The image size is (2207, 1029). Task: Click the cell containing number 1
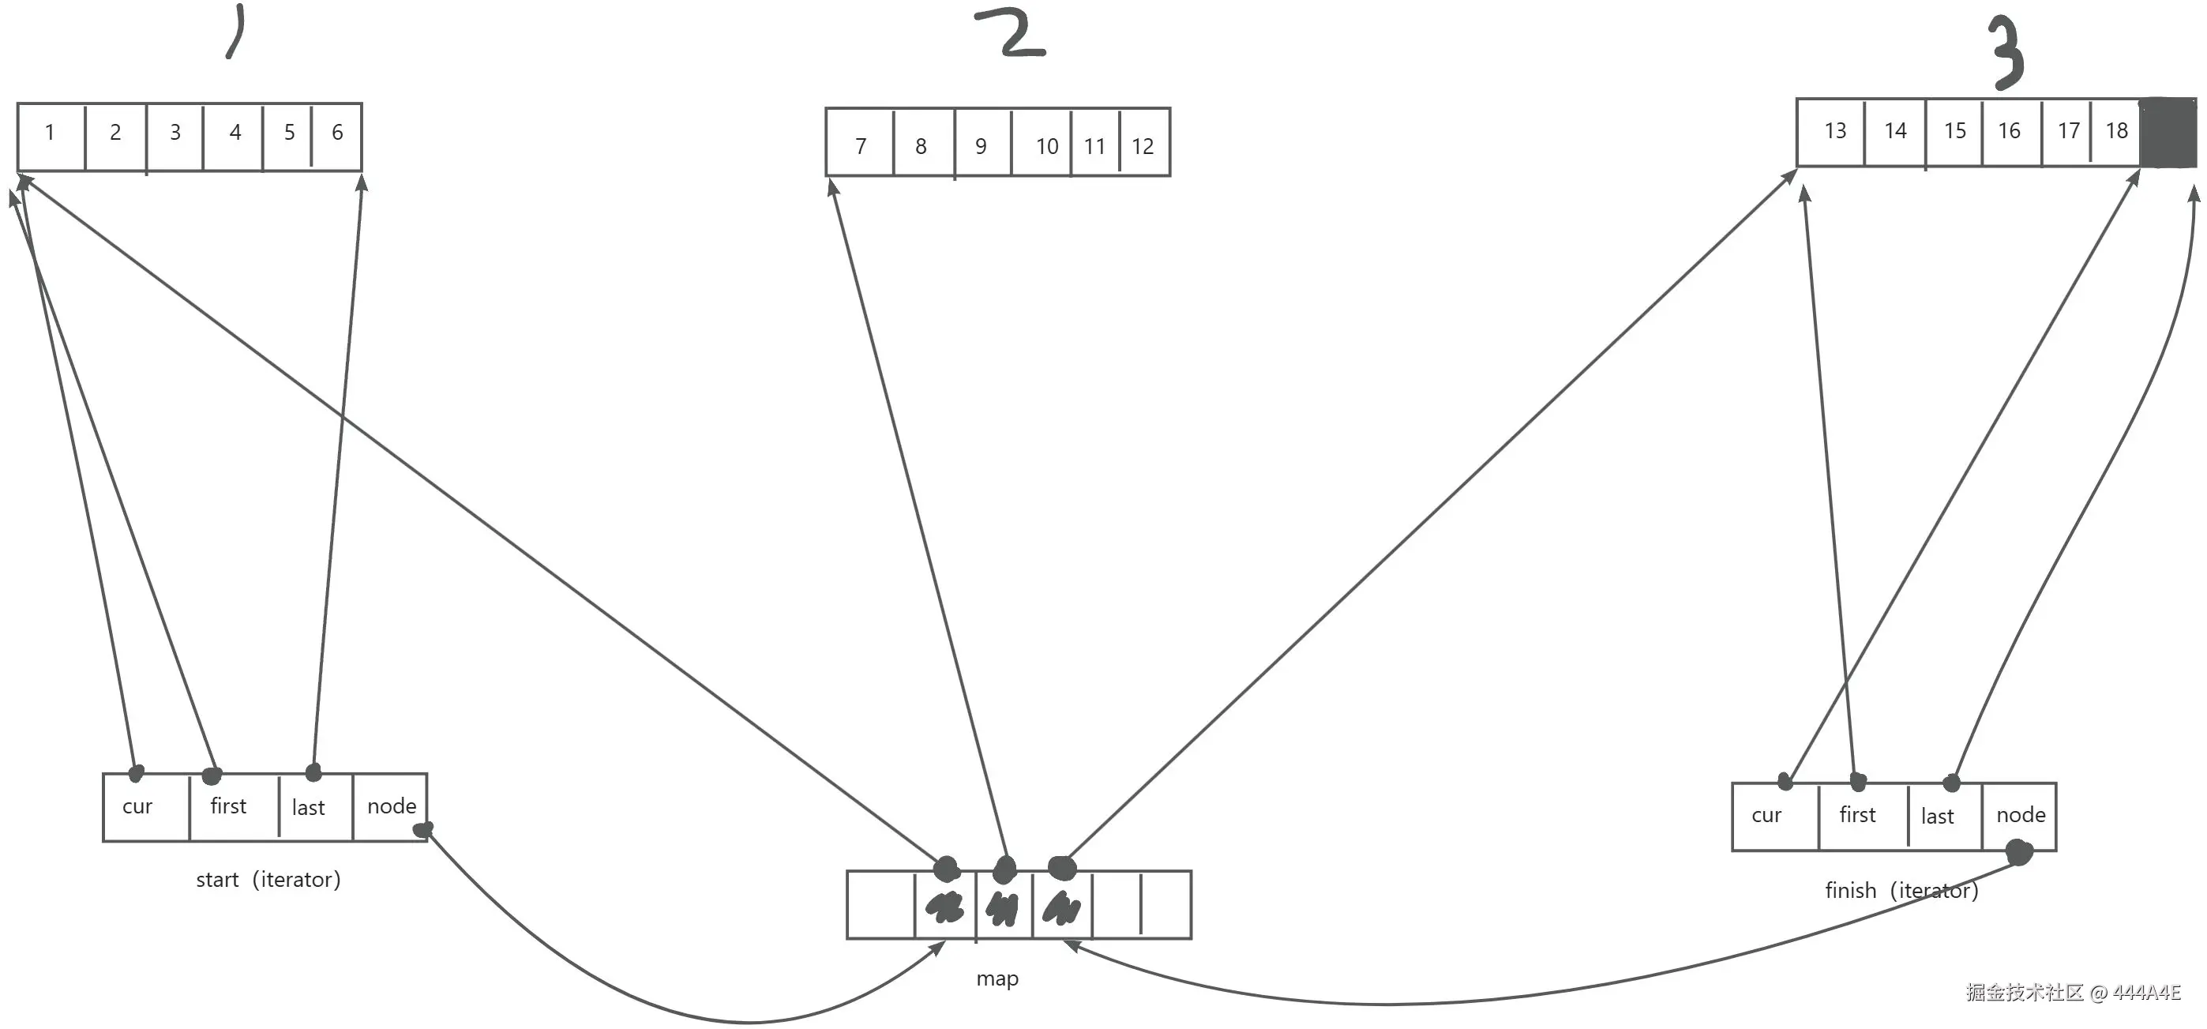click(x=51, y=133)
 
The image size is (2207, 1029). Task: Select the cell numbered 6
click(x=336, y=133)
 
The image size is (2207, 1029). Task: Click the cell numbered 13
click(x=1833, y=132)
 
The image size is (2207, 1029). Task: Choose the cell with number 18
click(x=2116, y=132)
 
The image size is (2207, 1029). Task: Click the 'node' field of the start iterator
click(x=391, y=807)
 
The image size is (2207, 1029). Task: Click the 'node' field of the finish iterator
click(x=2019, y=816)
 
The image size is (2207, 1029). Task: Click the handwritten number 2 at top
click(x=1012, y=34)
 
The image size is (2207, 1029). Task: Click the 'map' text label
click(x=997, y=978)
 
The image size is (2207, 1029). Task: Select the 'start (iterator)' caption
click(x=268, y=880)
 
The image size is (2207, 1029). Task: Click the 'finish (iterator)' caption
click(x=1901, y=891)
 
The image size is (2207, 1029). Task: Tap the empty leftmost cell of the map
click(x=880, y=906)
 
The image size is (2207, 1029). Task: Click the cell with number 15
click(x=1954, y=132)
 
